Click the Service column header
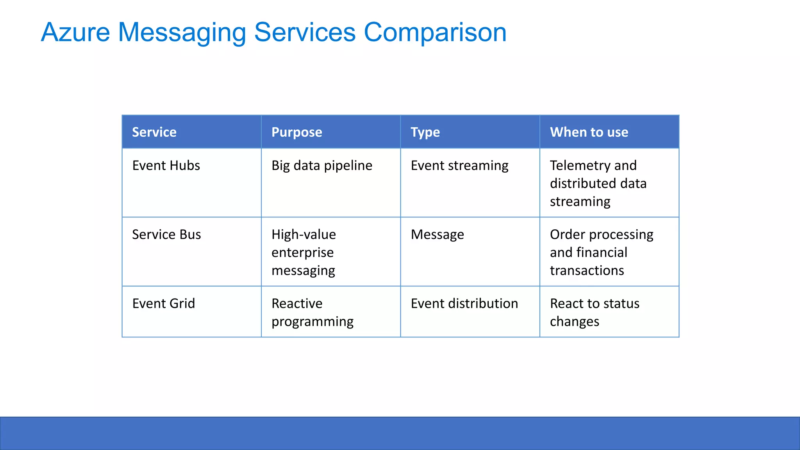coord(154,132)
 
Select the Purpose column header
coord(296,132)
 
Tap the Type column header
coord(425,132)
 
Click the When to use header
coord(589,132)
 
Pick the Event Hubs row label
coord(166,166)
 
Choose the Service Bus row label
coord(166,234)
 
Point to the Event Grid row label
coord(163,304)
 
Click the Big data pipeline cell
coord(321,166)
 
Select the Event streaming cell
coord(459,166)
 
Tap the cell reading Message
coord(437,234)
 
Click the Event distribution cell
coord(464,304)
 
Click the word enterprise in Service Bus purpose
coord(302,253)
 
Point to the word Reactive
coord(297,304)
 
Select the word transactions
coord(587,270)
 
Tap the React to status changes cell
coord(594,312)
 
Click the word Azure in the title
coord(75,32)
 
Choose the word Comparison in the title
coord(435,32)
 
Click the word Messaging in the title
coord(182,32)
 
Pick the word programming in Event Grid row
coord(312,321)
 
